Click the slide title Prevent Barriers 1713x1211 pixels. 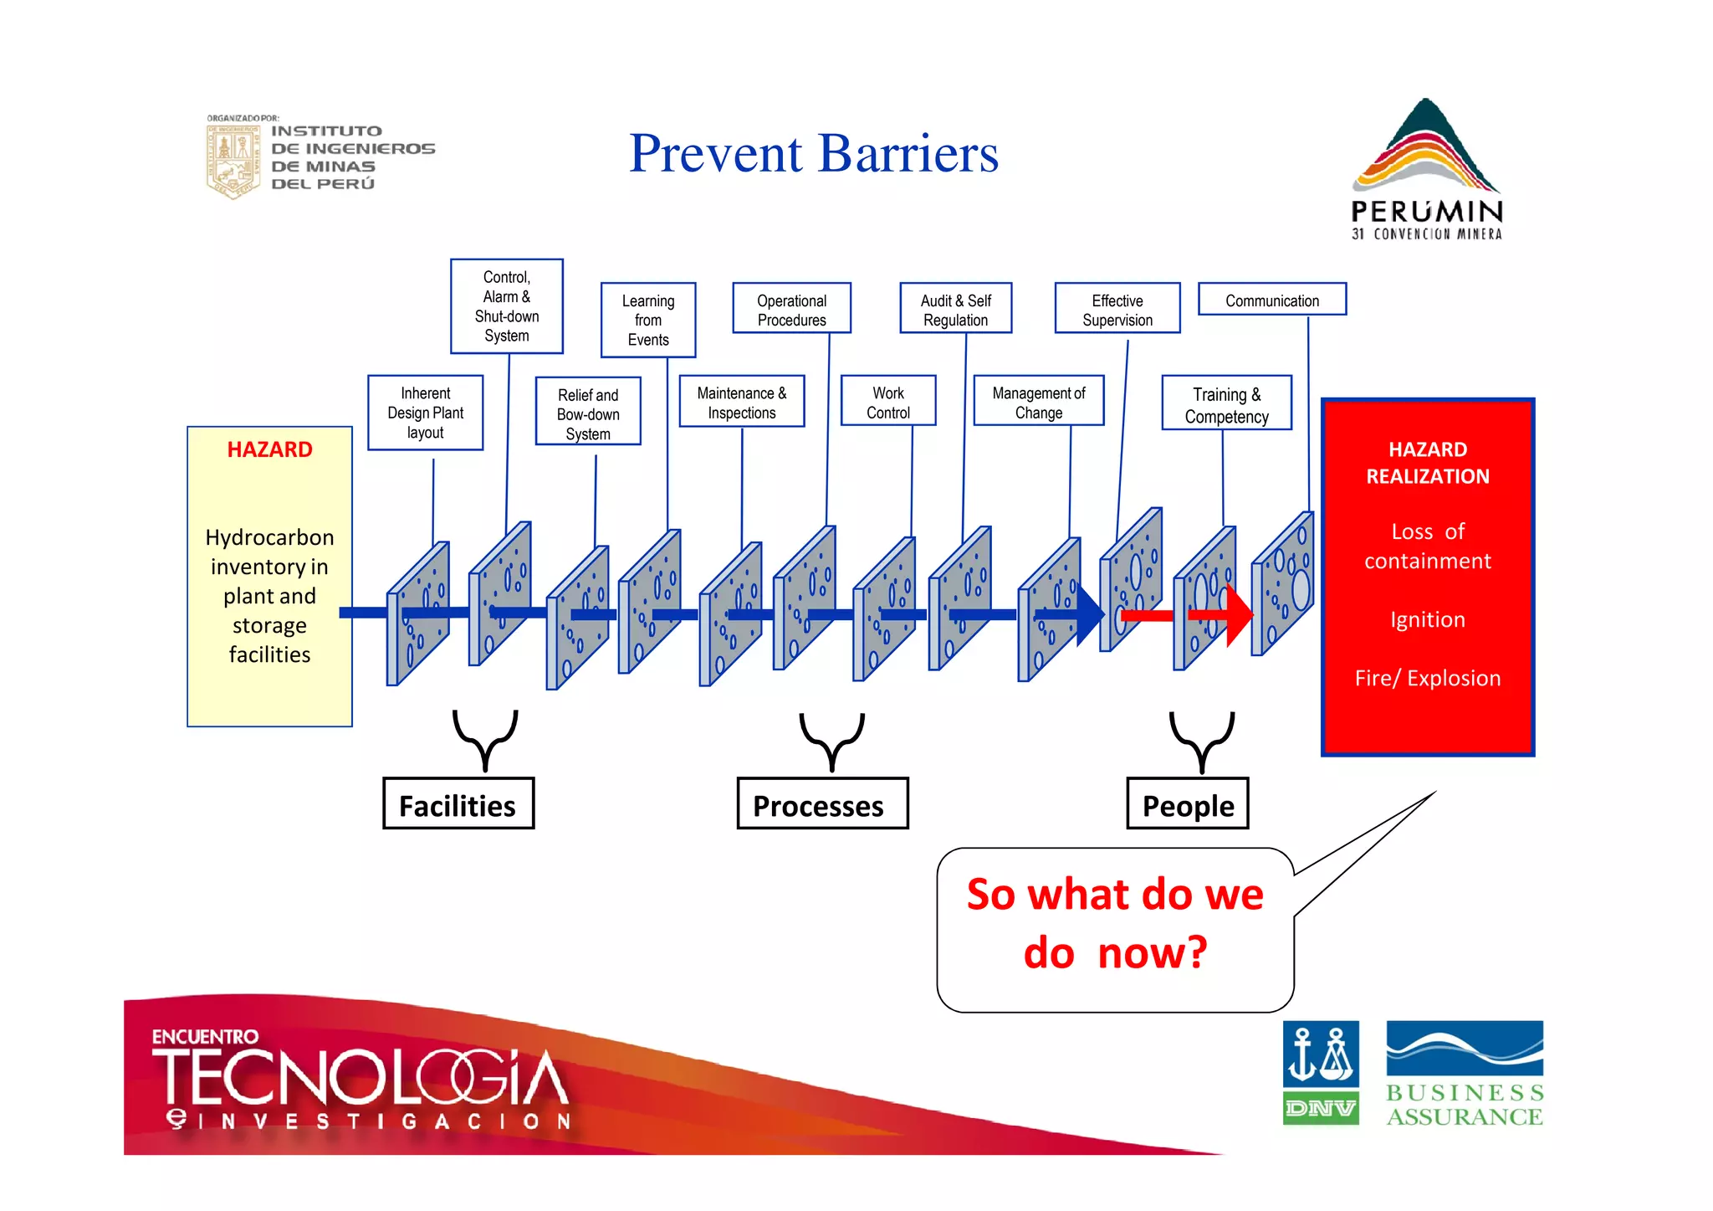[x=813, y=154]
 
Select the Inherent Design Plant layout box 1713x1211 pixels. [x=425, y=413]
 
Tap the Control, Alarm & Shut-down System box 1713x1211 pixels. [x=506, y=306]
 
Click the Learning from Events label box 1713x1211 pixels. [x=647, y=320]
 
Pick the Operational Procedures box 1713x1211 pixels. [x=791, y=309]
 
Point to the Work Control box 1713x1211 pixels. [x=887, y=402]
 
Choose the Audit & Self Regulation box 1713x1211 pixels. [x=955, y=309]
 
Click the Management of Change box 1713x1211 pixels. [x=1038, y=402]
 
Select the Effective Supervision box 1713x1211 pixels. [x=1117, y=309]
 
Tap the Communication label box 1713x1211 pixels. [x=1271, y=300]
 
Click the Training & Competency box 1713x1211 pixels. [x=1226, y=404]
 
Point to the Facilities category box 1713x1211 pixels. [x=458, y=804]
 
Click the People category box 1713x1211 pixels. [x=1187, y=804]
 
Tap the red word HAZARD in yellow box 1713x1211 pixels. [x=269, y=449]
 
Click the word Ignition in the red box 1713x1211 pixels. [x=1427, y=619]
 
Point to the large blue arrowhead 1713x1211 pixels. [x=1089, y=615]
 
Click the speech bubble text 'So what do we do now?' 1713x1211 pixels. [x=1114, y=924]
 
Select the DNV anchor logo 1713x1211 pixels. [x=1320, y=1072]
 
